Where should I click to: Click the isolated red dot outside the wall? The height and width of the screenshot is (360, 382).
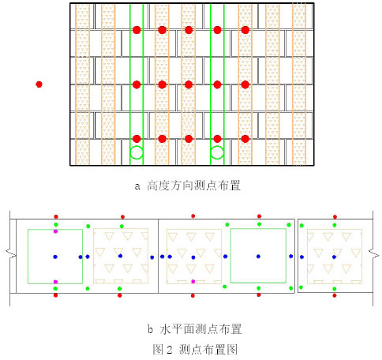coord(39,84)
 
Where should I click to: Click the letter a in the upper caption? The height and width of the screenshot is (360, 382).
coord(137,186)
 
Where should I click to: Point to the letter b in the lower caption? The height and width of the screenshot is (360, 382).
coord(150,329)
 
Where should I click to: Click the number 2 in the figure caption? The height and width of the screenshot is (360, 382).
coord(170,350)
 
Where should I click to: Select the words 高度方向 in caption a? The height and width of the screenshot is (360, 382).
coord(170,186)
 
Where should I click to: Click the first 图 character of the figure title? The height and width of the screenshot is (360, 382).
coord(158,350)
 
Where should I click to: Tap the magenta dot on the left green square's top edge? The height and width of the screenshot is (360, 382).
coord(55,231)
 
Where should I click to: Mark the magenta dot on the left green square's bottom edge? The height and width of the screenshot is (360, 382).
coord(55,282)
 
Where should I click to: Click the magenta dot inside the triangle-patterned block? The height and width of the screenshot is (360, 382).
coord(193,281)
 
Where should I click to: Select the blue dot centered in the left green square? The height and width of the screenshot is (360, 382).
coord(55,257)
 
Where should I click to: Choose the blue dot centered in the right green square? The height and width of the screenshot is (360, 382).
coord(258,257)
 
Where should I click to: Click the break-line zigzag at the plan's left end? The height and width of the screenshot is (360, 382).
coord(11,254)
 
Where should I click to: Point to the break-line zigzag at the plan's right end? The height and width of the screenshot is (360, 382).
coord(373,254)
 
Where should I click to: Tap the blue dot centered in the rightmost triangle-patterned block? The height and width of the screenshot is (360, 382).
coord(334,257)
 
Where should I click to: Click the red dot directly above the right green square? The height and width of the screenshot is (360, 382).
coord(259,216)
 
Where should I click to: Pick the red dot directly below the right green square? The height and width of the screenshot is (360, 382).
coord(259,295)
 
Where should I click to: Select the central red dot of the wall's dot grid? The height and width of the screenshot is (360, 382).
coord(189,84)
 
